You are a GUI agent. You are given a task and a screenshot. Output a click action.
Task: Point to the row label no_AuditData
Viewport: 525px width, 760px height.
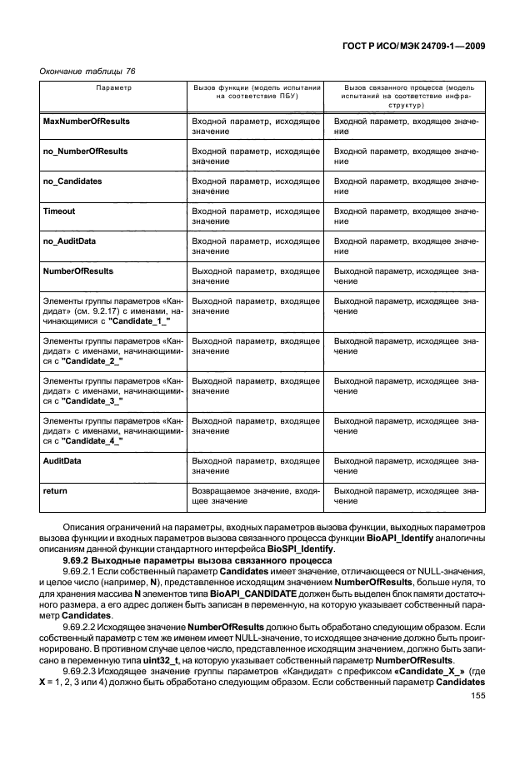point(69,241)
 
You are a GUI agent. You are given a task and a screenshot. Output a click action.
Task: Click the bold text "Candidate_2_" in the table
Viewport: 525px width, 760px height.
point(91,360)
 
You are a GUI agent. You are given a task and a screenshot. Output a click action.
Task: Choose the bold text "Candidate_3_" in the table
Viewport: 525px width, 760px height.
point(91,400)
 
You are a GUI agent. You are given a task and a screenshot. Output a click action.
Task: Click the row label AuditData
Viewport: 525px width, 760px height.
point(62,460)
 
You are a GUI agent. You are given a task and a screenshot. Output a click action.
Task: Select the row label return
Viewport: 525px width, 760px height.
point(55,490)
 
